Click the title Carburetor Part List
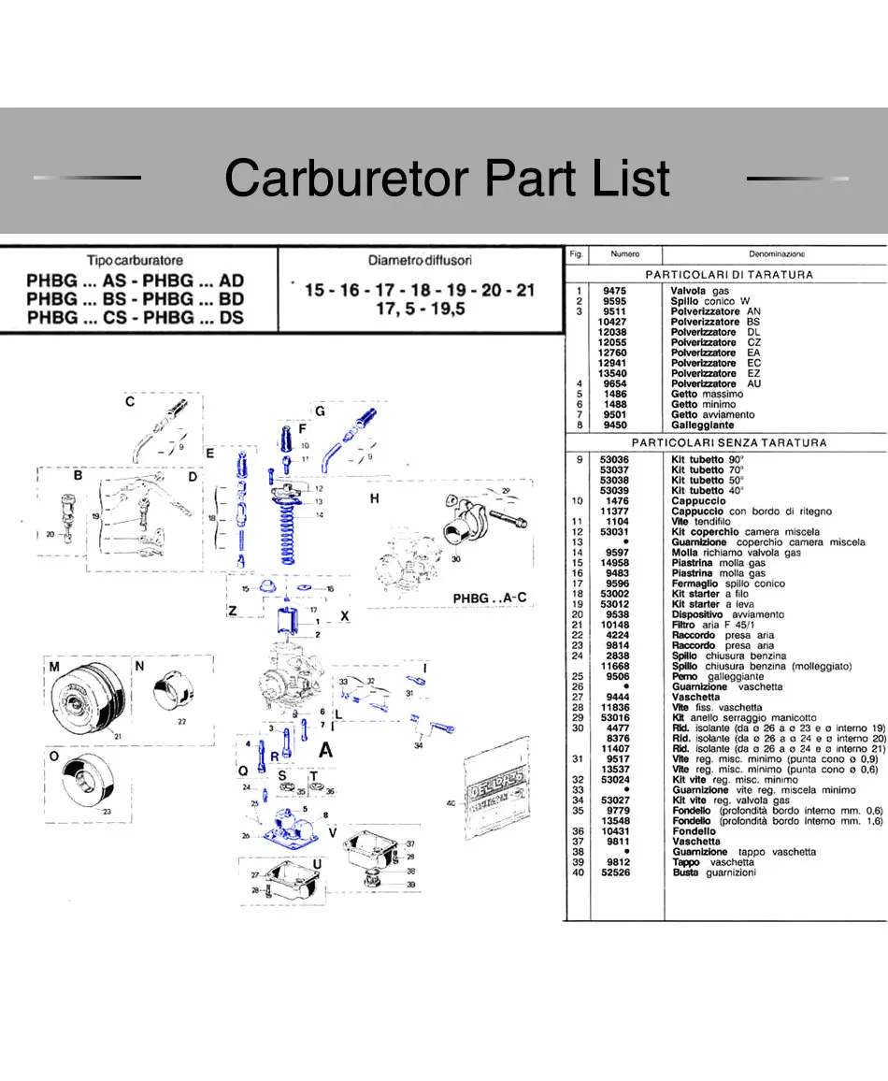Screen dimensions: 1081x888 tap(447, 178)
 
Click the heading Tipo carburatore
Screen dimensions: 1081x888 tap(135, 261)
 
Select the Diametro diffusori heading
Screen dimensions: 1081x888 tap(420, 260)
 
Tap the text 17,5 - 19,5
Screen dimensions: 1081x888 tap(420, 309)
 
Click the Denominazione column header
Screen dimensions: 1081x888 tap(777, 253)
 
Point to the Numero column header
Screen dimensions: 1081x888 tap(624, 253)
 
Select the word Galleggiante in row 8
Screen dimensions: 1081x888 tap(702, 425)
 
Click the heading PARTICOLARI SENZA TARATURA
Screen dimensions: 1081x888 tap(729, 442)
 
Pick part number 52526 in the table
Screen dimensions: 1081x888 tap(614, 872)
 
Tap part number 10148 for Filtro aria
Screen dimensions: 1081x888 tap(614, 625)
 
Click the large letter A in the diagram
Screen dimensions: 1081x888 tap(326, 749)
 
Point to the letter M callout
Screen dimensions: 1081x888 tap(54, 667)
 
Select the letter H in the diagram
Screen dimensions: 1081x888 tap(374, 499)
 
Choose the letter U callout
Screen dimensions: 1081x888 tap(318, 863)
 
